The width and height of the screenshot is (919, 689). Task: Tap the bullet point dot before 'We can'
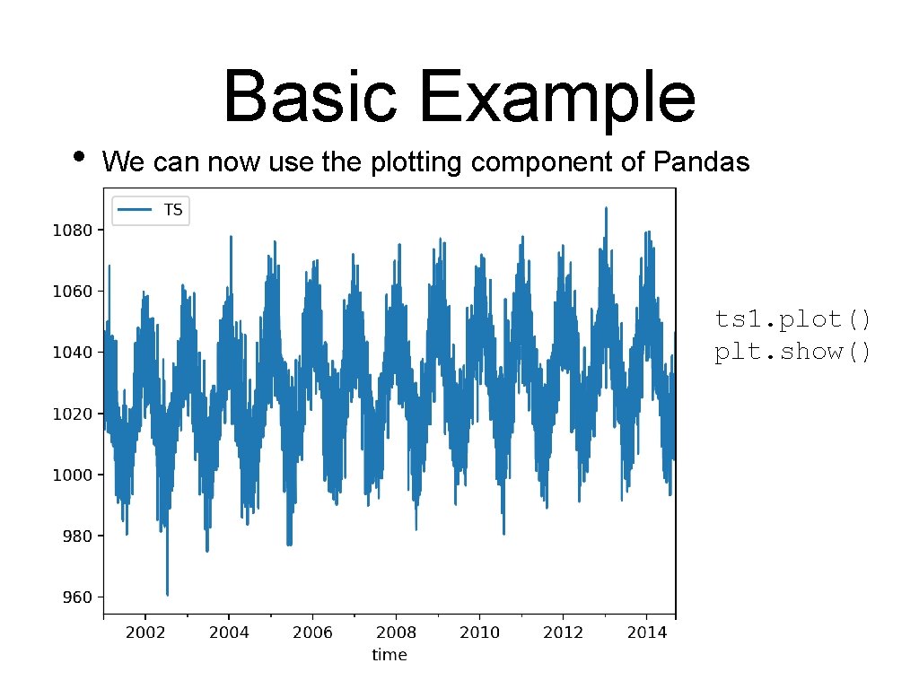click(x=80, y=156)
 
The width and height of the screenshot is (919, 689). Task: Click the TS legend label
click(x=172, y=210)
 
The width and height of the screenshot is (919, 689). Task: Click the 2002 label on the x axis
click(x=145, y=632)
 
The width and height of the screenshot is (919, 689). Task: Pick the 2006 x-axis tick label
click(x=312, y=632)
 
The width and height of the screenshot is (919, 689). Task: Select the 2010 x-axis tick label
click(x=479, y=632)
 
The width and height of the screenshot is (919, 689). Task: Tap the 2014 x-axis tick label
click(x=646, y=632)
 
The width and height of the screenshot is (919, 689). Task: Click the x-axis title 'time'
click(x=389, y=655)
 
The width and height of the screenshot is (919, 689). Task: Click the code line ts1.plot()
click(x=792, y=319)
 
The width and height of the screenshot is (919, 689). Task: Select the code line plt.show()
click(x=792, y=351)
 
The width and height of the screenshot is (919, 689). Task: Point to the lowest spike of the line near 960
click(x=167, y=593)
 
